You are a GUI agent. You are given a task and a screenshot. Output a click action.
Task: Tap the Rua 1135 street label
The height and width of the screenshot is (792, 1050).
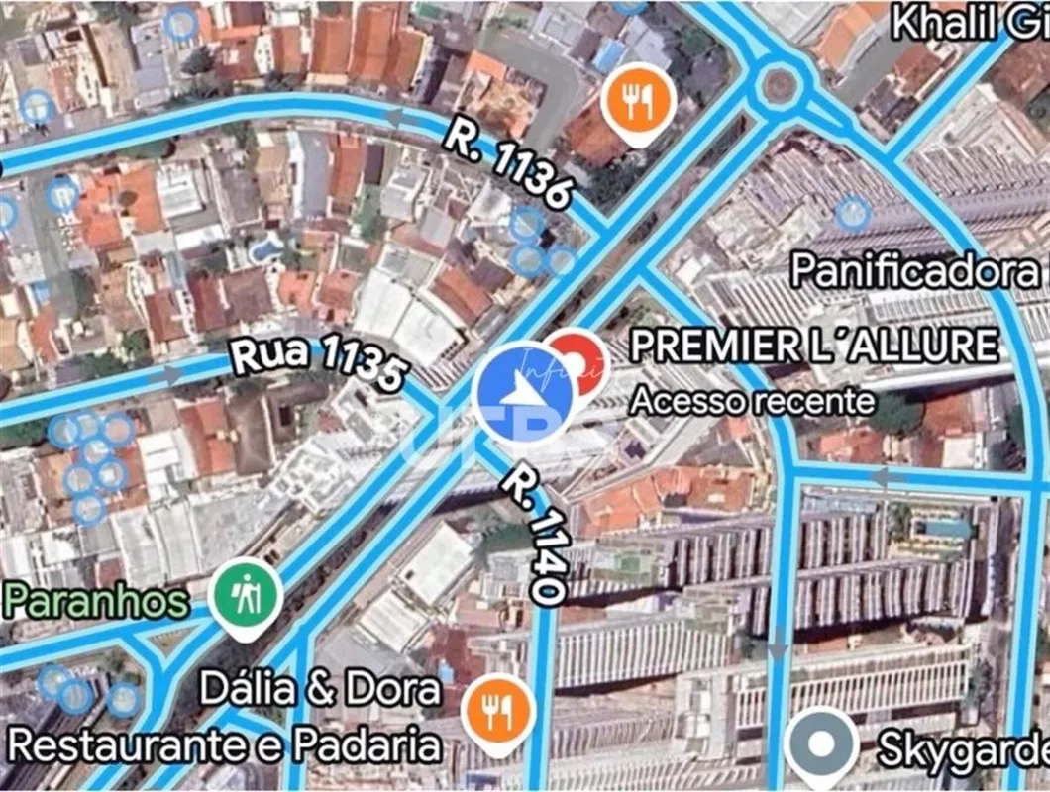pos(319,363)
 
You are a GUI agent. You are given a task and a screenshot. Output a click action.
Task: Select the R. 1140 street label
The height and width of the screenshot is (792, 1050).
pos(533,535)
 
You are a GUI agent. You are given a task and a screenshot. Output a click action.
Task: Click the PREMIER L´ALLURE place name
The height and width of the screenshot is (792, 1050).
pos(814,346)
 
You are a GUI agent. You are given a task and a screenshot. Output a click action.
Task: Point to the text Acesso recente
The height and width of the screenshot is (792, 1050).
pos(753,401)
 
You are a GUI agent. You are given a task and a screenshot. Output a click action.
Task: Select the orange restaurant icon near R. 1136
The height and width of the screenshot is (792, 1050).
pos(638,99)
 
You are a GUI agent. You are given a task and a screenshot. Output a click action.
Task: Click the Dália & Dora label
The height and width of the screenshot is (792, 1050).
pos(320,689)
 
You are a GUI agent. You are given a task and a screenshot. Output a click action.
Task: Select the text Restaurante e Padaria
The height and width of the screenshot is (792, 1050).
pos(224,745)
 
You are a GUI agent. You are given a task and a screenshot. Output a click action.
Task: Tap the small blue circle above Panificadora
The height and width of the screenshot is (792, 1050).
pos(853,212)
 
